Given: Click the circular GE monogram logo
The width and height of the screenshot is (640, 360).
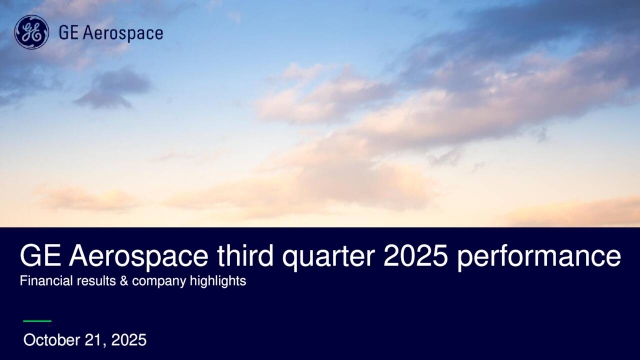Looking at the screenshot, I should tap(31, 32).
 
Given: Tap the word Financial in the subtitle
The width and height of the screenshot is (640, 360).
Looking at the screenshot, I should tap(46, 282).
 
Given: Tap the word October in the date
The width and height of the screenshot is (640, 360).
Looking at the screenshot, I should tap(50, 340).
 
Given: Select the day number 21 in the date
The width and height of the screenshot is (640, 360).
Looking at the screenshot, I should tap(91, 340).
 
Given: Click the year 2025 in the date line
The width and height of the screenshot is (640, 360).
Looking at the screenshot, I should tap(127, 340).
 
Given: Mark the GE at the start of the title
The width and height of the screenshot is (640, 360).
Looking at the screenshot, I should tap(38, 257).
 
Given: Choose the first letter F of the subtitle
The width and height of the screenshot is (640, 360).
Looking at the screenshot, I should tap(23, 282).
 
